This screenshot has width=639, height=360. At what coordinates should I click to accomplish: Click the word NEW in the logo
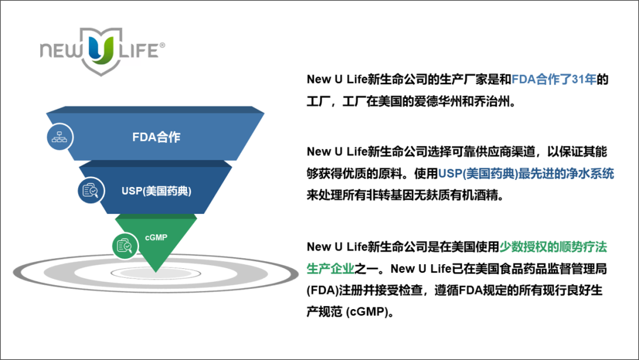(x=62, y=51)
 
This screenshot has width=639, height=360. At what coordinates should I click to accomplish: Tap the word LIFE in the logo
(x=137, y=51)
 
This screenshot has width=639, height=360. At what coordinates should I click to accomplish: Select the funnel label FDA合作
(x=156, y=137)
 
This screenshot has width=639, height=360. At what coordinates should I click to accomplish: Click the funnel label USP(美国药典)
(x=157, y=192)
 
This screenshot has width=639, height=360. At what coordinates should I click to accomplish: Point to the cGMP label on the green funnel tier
(x=156, y=237)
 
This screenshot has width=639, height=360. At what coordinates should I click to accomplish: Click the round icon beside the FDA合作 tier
(x=60, y=137)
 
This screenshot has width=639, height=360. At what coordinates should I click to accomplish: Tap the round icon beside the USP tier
(x=91, y=190)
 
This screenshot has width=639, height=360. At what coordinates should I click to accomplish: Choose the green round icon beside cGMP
(x=124, y=245)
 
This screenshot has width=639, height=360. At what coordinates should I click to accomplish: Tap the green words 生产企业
(x=330, y=268)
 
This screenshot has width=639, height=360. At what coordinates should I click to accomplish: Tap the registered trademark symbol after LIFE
(x=163, y=44)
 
